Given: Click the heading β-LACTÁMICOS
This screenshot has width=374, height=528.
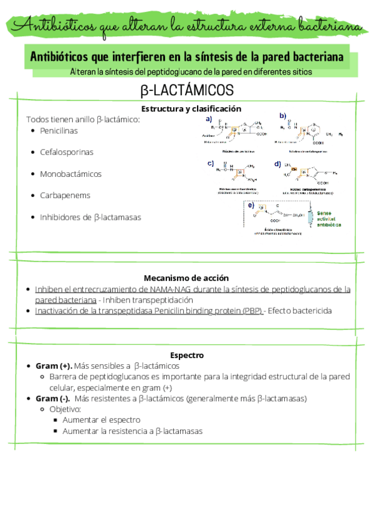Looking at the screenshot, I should coord(187,91).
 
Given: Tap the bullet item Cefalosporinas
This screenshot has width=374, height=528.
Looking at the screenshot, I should coord(67,152).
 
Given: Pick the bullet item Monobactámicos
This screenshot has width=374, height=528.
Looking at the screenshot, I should coord(70,174).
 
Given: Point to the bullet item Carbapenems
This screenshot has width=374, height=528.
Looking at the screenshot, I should coord(65,195).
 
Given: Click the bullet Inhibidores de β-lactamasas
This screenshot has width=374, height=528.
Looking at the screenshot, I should coord(90,217).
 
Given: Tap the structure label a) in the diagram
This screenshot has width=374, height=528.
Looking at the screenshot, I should coord(209,118).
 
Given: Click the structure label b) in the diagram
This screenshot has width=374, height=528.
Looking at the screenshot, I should coord(282,115).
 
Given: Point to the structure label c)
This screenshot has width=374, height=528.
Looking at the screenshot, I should coord(211,163).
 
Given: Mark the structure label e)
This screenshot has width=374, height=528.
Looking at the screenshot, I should coord(251,205).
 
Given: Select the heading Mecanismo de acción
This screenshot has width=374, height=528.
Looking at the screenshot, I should coord(187,278).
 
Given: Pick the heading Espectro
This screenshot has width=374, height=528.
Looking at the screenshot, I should coord(187,355).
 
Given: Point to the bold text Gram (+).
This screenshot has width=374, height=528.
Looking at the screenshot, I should coord(54,365).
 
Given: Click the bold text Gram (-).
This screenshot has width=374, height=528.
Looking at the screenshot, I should coord(53,398).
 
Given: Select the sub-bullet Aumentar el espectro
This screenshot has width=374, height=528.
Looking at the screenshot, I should coord(102,420).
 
